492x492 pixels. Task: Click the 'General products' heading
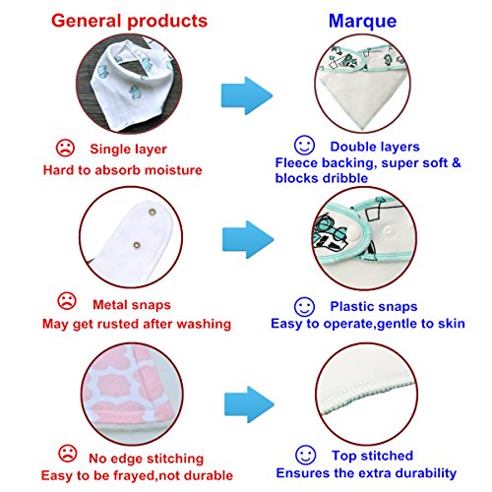pyautogui.click(x=129, y=22)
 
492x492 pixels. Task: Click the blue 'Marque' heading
pyautogui.click(x=362, y=22)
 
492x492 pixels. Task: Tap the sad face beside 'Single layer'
pyautogui.click(x=65, y=148)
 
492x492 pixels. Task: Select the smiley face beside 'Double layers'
pyautogui.click(x=304, y=146)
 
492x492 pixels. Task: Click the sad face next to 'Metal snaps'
pyautogui.click(x=67, y=301)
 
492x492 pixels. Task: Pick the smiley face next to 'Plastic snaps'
pyautogui.click(x=304, y=307)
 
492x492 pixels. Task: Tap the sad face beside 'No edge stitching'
pyautogui.click(x=68, y=454)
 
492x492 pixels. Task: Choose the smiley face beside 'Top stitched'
pyautogui.click(x=305, y=455)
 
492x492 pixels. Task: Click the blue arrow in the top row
pyautogui.click(x=247, y=95)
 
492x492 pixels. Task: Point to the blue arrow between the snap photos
pyautogui.click(x=248, y=239)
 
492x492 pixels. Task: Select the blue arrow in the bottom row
pyautogui.click(x=249, y=404)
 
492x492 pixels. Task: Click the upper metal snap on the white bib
pyautogui.click(x=153, y=212)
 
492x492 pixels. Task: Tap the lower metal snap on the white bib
pyautogui.click(x=137, y=245)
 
